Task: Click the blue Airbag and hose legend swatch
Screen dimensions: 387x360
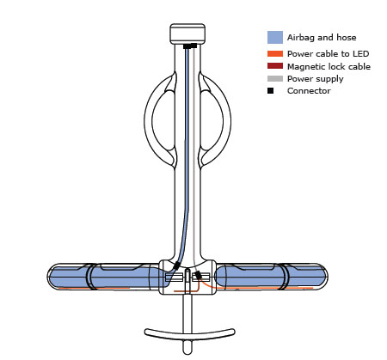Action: pyautogui.click(x=275, y=37)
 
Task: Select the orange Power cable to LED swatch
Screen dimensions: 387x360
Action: pyautogui.click(x=275, y=53)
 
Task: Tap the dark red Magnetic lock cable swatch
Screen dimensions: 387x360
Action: pyautogui.click(x=275, y=66)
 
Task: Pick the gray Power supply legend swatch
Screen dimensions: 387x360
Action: pyautogui.click(x=275, y=78)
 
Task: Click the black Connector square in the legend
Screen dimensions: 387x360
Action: pyautogui.click(x=270, y=91)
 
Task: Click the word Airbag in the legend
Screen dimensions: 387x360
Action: pyautogui.click(x=300, y=38)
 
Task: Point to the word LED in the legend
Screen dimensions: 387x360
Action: pyautogui.click(x=360, y=53)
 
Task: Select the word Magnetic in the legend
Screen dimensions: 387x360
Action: pyautogui.click(x=306, y=67)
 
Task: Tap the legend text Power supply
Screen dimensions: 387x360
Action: pyautogui.click(x=316, y=79)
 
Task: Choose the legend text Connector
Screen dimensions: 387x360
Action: pyautogui.click(x=309, y=91)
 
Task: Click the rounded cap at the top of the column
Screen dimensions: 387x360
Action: pyautogui.click(x=187, y=34)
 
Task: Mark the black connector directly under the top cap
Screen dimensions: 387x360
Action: pyautogui.click(x=190, y=46)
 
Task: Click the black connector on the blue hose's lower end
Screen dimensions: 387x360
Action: pyautogui.click(x=176, y=265)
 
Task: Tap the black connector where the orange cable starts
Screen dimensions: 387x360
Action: pyautogui.click(x=198, y=276)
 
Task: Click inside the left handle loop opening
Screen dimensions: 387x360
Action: pyautogui.click(x=163, y=121)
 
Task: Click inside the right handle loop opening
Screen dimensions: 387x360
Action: pyautogui.click(x=212, y=121)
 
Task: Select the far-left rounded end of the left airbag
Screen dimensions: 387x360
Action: pyautogui.click(x=51, y=277)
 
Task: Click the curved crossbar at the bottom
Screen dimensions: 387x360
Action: pyautogui.click(x=189, y=334)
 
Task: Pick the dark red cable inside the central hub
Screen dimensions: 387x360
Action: pyautogui.click(x=187, y=291)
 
